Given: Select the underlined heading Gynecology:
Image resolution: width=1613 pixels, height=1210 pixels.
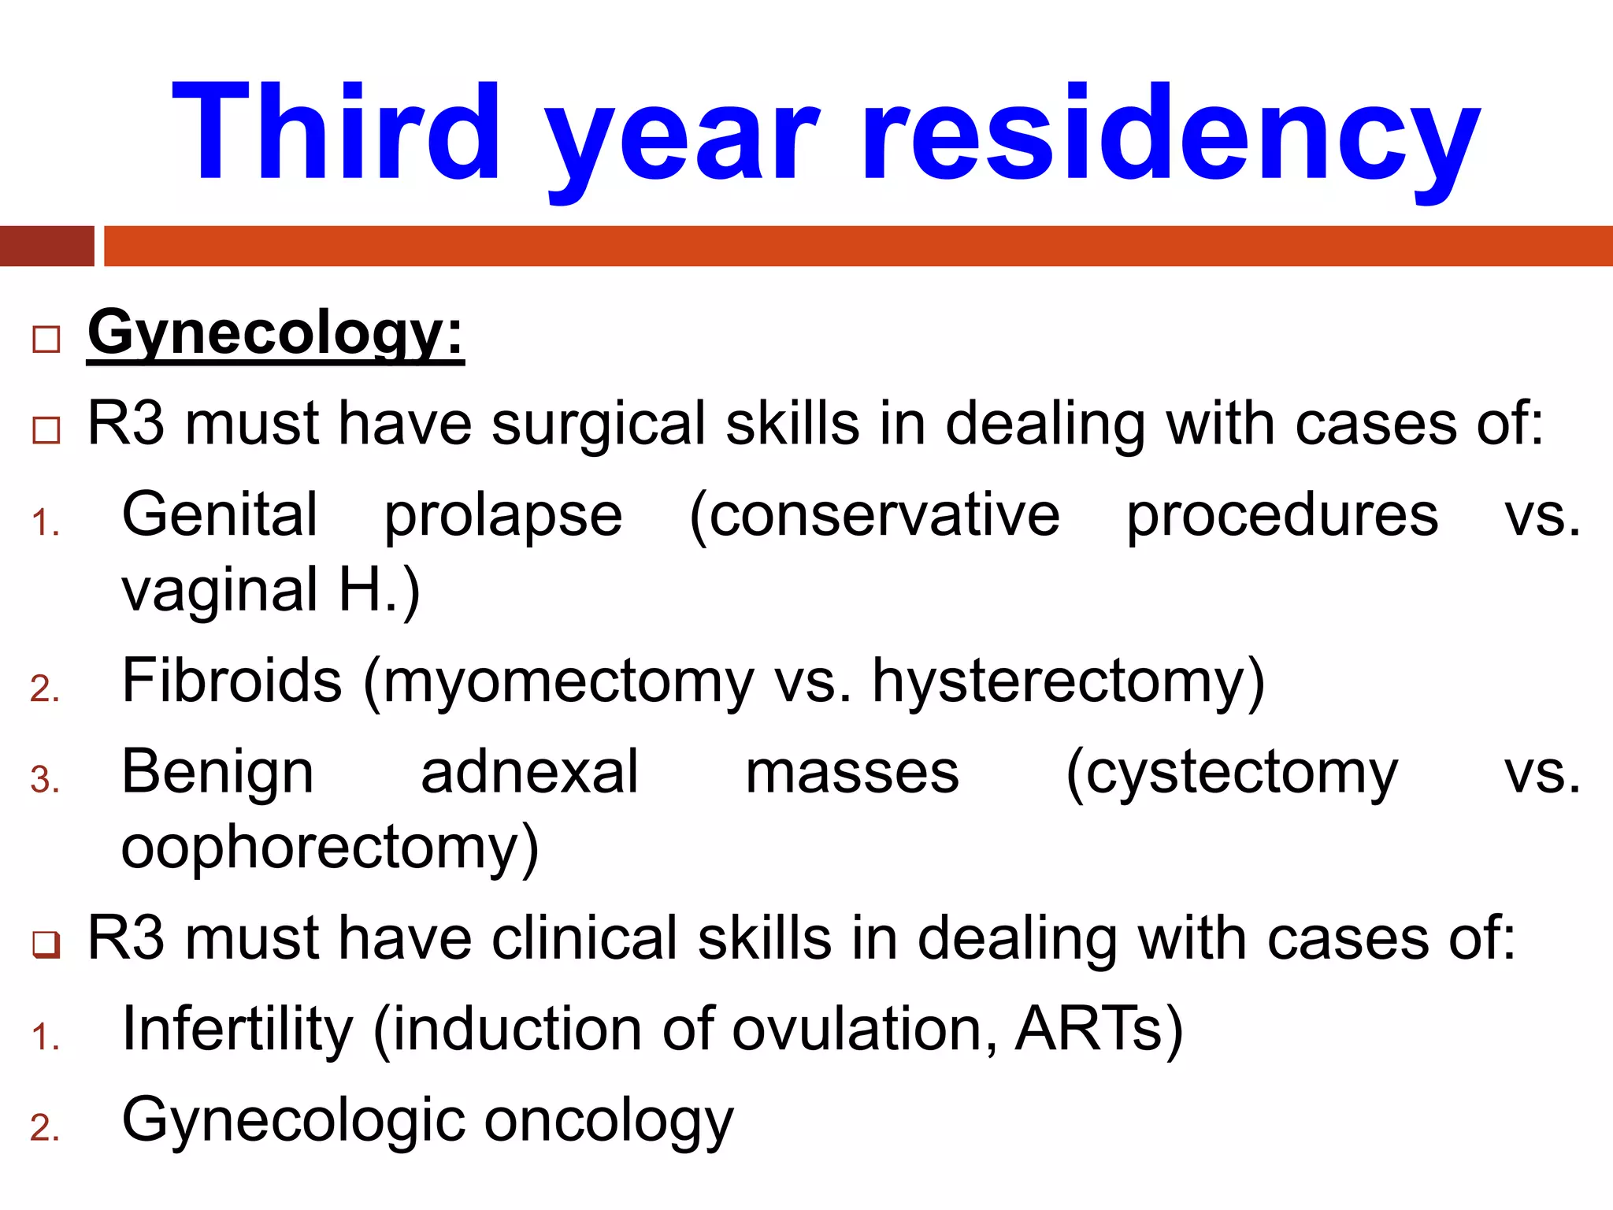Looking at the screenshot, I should pos(276,335).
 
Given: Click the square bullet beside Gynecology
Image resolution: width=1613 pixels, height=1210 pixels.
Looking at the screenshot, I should pos(46,340).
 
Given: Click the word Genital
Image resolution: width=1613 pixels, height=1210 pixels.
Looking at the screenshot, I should pos(220,515).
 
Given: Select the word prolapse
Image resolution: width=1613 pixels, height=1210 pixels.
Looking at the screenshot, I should pos(503,517).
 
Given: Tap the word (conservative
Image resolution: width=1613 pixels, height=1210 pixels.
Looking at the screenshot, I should pos(874,517).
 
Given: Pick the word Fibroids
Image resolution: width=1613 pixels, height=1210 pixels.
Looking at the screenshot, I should pos(232,681).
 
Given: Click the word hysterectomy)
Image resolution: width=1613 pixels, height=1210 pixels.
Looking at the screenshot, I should pos(1068,682).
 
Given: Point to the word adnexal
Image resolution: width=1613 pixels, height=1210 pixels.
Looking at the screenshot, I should pos(529,772).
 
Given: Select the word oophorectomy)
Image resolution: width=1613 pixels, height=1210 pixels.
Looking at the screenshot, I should pos(330,848).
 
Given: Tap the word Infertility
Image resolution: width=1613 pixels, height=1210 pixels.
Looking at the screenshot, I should pos(237,1030).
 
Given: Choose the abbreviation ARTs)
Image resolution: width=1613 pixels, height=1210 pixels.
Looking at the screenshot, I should pos(1099,1029).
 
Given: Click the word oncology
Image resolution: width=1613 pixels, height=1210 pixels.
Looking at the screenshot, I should pos(608,1121).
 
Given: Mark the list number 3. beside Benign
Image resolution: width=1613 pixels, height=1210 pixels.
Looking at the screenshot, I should pos(45,780).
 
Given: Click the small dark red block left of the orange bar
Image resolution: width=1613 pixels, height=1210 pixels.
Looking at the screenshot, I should pos(46,246).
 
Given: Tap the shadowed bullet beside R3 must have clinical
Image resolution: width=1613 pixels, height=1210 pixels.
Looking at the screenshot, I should pos(46,944).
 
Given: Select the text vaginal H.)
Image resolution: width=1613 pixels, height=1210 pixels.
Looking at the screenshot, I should pos(271,591).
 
